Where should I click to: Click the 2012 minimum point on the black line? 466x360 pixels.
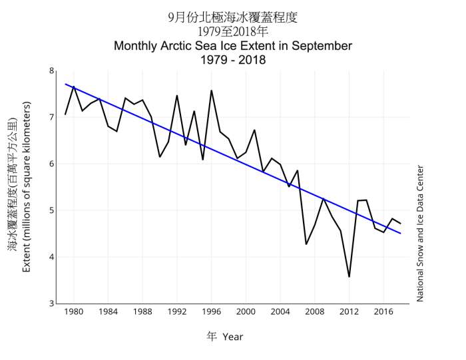pyautogui.click(x=349, y=276)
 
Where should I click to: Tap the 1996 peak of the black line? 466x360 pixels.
pyautogui.click(x=211, y=90)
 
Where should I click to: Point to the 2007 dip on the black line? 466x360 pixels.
pyautogui.click(x=306, y=244)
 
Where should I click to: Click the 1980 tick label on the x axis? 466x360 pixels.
pyautogui.click(x=73, y=312)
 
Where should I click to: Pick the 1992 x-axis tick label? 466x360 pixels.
pyautogui.click(x=176, y=312)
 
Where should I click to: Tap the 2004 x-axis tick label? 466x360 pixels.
pyautogui.click(x=280, y=312)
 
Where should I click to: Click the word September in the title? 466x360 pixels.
pyautogui.click(x=320, y=46)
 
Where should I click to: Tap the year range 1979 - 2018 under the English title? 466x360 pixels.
pyautogui.click(x=233, y=60)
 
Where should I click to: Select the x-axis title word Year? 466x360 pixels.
pyautogui.click(x=233, y=337)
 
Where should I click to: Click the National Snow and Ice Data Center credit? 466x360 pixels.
pyautogui.click(x=420, y=234)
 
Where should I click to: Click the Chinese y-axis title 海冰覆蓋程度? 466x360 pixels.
pyautogui.click(x=13, y=220)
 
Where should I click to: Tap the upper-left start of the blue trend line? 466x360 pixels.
pyautogui.click(x=65, y=85)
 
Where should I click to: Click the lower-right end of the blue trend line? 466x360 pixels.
pyautogui.click(x=400, y=233)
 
